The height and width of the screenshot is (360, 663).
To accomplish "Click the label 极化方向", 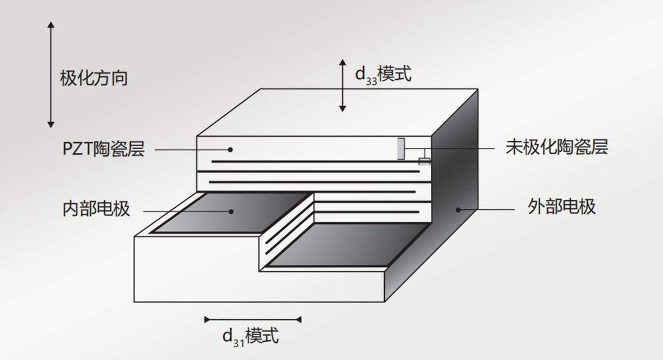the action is pyautogui.click(x=94, y=78).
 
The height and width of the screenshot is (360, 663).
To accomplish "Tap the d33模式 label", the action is pyautogui.click(x=383, y=74).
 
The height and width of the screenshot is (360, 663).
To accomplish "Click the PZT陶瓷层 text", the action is pyautogui.click(x=104, y=149).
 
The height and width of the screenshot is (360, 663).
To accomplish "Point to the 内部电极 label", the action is pyautogui.click(x=96, y=209).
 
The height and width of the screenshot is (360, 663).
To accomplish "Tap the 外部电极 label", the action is pyautogui.click(x=562, y=207).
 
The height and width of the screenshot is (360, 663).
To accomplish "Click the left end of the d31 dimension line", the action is pyautogui.click(x=205, y=319).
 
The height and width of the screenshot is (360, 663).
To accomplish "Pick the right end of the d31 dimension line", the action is pyautogui.click(x=301, y=319).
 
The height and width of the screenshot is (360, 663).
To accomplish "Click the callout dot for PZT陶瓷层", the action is pyautogui.click(x=230, y=150).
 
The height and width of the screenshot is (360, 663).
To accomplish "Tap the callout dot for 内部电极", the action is pyautogui.click(x=231, y=212).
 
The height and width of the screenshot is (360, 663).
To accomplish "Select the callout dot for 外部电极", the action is pyautogui.click(x=458, y=209).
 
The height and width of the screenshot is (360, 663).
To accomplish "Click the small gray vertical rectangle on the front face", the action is pyautogui.click(x=401, y=149).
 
